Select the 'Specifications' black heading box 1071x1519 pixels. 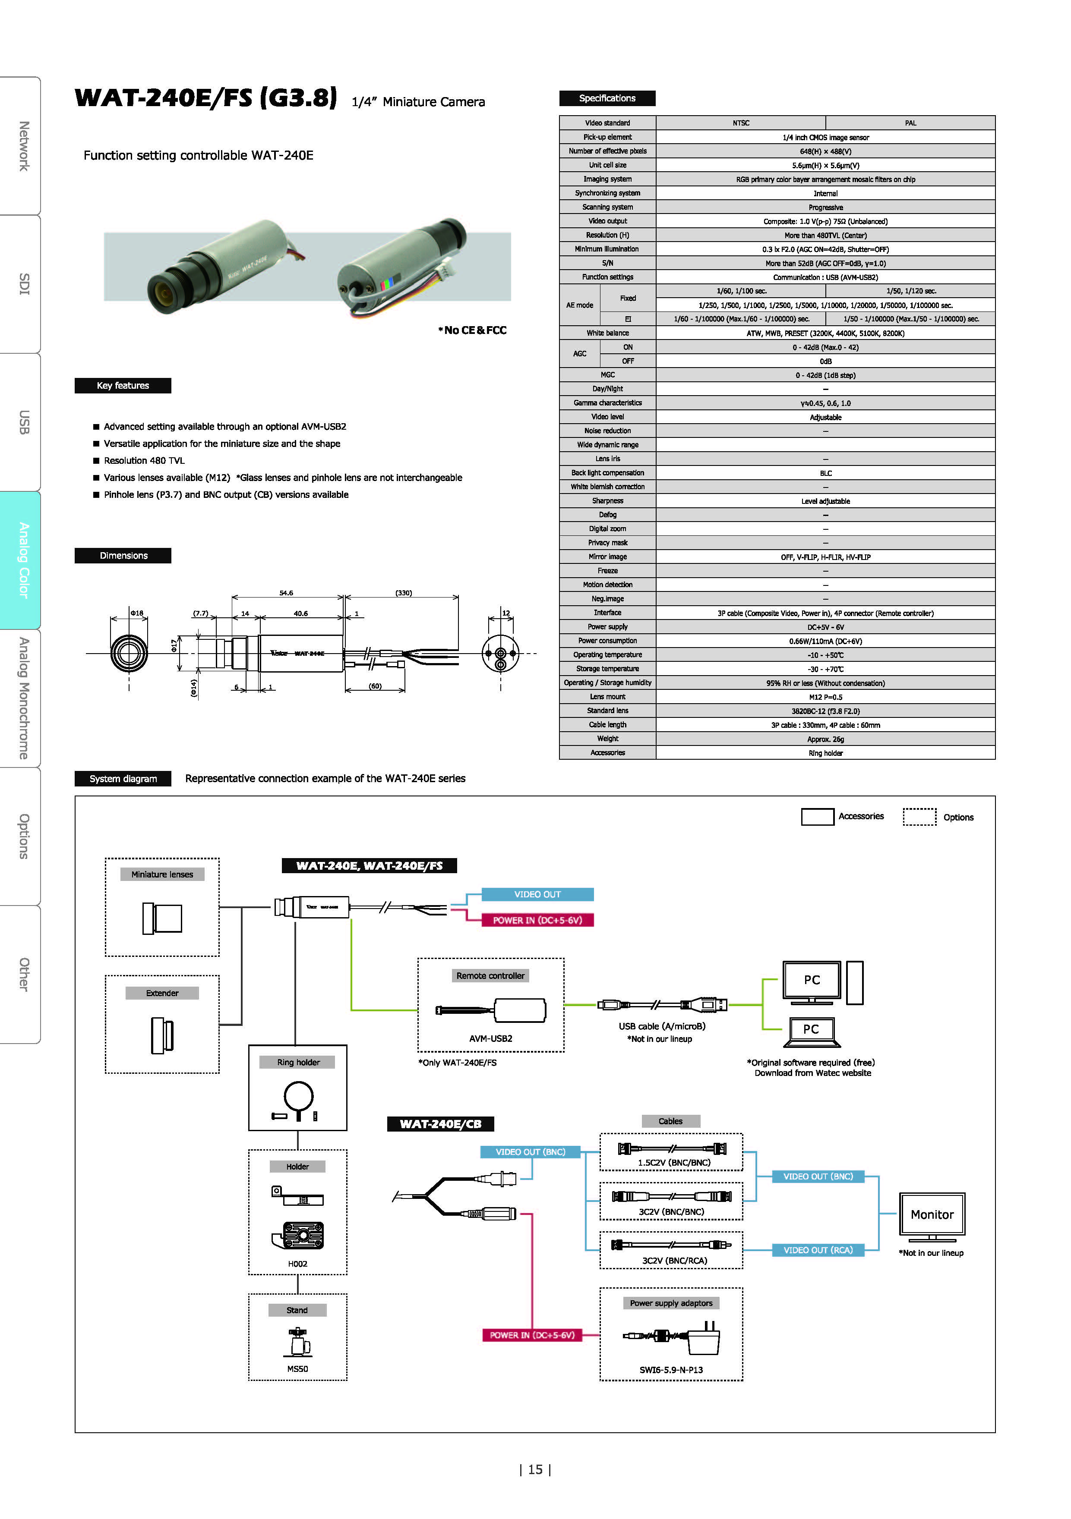click(607, 98)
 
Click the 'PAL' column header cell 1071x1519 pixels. click(910, 123)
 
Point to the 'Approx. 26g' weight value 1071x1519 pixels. click(825, 739)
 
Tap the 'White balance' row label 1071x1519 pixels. click(608, 333)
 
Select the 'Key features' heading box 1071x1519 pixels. click(123, 386)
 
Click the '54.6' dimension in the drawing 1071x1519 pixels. click(286, 593)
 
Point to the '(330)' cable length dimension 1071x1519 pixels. click(404, 593)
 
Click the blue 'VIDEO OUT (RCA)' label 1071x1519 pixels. click(818, 1250)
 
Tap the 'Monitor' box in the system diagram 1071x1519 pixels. click(932, 1214)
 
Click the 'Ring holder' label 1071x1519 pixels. click(299, 1062)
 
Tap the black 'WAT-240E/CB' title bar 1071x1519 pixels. click(440, 1123)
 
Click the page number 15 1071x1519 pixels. click(535, 1469)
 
